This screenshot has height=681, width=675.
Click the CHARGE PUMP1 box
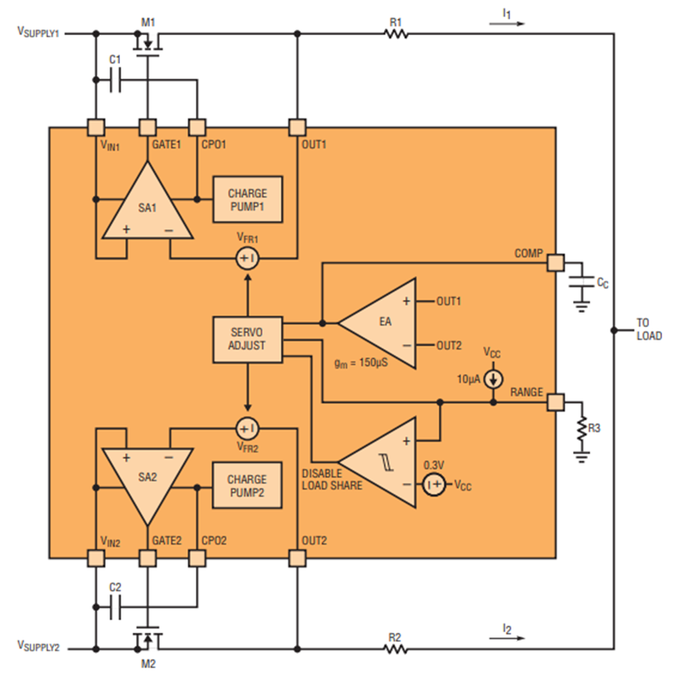coord(247,199)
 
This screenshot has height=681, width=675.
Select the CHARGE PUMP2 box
coord(247,485)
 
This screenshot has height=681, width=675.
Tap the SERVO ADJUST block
coord(247,340)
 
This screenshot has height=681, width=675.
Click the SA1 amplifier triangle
coord(148,204)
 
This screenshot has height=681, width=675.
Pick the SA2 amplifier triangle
coord(148,482)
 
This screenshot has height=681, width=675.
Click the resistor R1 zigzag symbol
coord(396,34)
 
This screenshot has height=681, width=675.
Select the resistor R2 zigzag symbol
coord(396,649)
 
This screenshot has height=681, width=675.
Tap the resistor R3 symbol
coord(581,427)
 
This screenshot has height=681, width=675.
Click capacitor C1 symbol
coord(115,80)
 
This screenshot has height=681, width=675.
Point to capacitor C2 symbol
coord(115,607)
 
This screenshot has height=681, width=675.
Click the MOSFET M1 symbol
coord(148,43)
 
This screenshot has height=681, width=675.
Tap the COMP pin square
coord(556,262)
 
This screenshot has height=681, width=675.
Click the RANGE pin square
coord(556,402)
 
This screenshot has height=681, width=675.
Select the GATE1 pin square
coord(148,127)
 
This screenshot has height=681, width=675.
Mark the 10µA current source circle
coord(493,379)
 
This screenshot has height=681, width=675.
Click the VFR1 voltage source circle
coord(247,259)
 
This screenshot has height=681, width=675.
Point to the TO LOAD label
coord(649,329)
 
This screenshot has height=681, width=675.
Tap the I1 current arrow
coord(507,24)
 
